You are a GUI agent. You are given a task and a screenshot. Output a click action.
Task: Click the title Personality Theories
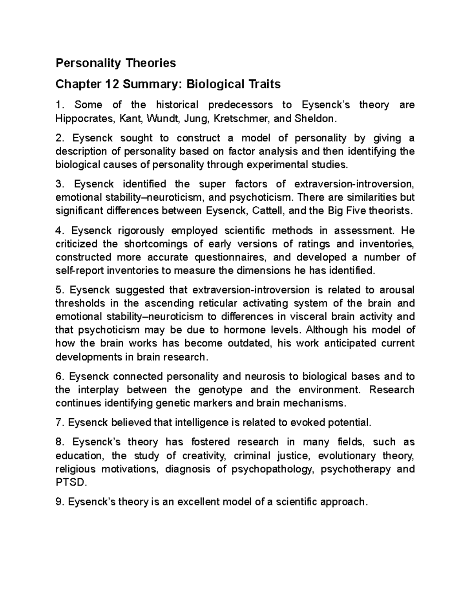click(x=115, y=63)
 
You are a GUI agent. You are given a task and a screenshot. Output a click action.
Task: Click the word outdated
click(x=247, y=343)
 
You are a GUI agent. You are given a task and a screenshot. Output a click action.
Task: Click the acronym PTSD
click(x=70, y=482)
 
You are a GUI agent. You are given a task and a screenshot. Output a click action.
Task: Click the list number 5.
click(x=59, y=290)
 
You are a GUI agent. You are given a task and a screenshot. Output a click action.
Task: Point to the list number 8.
click(x=59, y=442)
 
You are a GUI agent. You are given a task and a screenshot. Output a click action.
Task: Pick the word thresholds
click(x=80, y=303)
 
